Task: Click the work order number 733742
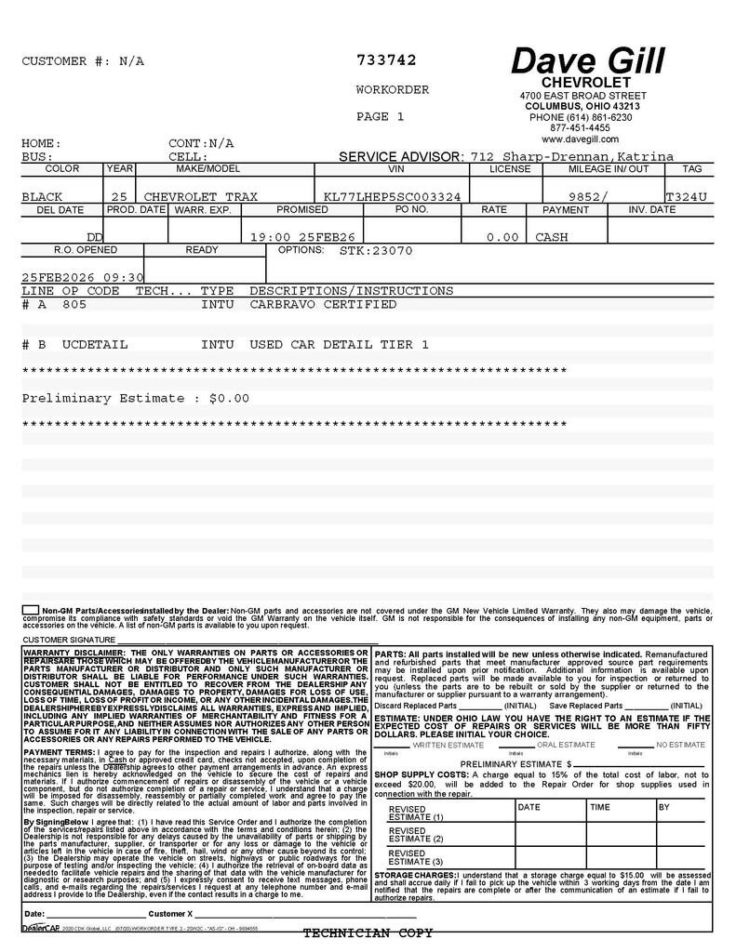(x=386, y=60)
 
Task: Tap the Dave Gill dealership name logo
(x=587, y=61)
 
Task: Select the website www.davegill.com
(x=580, y=139)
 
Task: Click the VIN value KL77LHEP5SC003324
(x=392, y=197)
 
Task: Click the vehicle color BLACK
(x=42, y=197)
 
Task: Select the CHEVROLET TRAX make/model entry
(x=200, y=197)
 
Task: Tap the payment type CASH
(x=552, y=237)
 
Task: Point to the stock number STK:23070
(x=375, y=251)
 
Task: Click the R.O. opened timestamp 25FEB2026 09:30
(x=83, y=277)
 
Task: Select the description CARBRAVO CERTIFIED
(x=323, y=304)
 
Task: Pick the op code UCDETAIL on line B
(x=95, y=344)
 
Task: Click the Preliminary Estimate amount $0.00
(x=229, y=398)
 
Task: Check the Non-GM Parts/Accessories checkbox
(x=30, y=610)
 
